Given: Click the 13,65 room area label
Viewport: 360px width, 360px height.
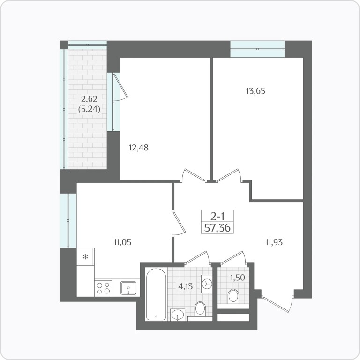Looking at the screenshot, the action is (255, 91).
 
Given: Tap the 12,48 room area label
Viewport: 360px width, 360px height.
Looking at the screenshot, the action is (139, 148).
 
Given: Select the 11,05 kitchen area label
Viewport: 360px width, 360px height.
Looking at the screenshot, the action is (122, 242).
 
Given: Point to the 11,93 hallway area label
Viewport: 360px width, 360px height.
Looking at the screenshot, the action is (274, 242).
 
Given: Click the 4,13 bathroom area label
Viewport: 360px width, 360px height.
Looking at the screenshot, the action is (186, 286).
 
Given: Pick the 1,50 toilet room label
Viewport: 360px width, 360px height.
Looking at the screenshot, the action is (238, 278).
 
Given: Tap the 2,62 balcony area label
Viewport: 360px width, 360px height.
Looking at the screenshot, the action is (90, 99).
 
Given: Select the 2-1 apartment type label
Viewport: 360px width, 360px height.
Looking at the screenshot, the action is (217, 216).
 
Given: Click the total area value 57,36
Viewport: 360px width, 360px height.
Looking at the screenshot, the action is (217, 228).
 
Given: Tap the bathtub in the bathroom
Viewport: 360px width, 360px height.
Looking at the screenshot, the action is (156, 294).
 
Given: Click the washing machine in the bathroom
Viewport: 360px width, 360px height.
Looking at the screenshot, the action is (206, 284).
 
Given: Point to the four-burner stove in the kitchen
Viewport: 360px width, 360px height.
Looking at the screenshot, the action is (103, 288).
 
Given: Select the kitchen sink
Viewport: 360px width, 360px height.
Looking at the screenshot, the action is (128, 288).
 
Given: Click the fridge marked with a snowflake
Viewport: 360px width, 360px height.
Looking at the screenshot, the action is (85, 257).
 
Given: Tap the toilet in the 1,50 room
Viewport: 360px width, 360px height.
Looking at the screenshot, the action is (233, 296).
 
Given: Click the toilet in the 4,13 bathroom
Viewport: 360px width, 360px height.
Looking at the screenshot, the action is (200, 308).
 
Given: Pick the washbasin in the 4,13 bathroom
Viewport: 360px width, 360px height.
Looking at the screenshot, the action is (178, 315).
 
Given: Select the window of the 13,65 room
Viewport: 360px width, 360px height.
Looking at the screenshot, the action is (257, 49).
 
